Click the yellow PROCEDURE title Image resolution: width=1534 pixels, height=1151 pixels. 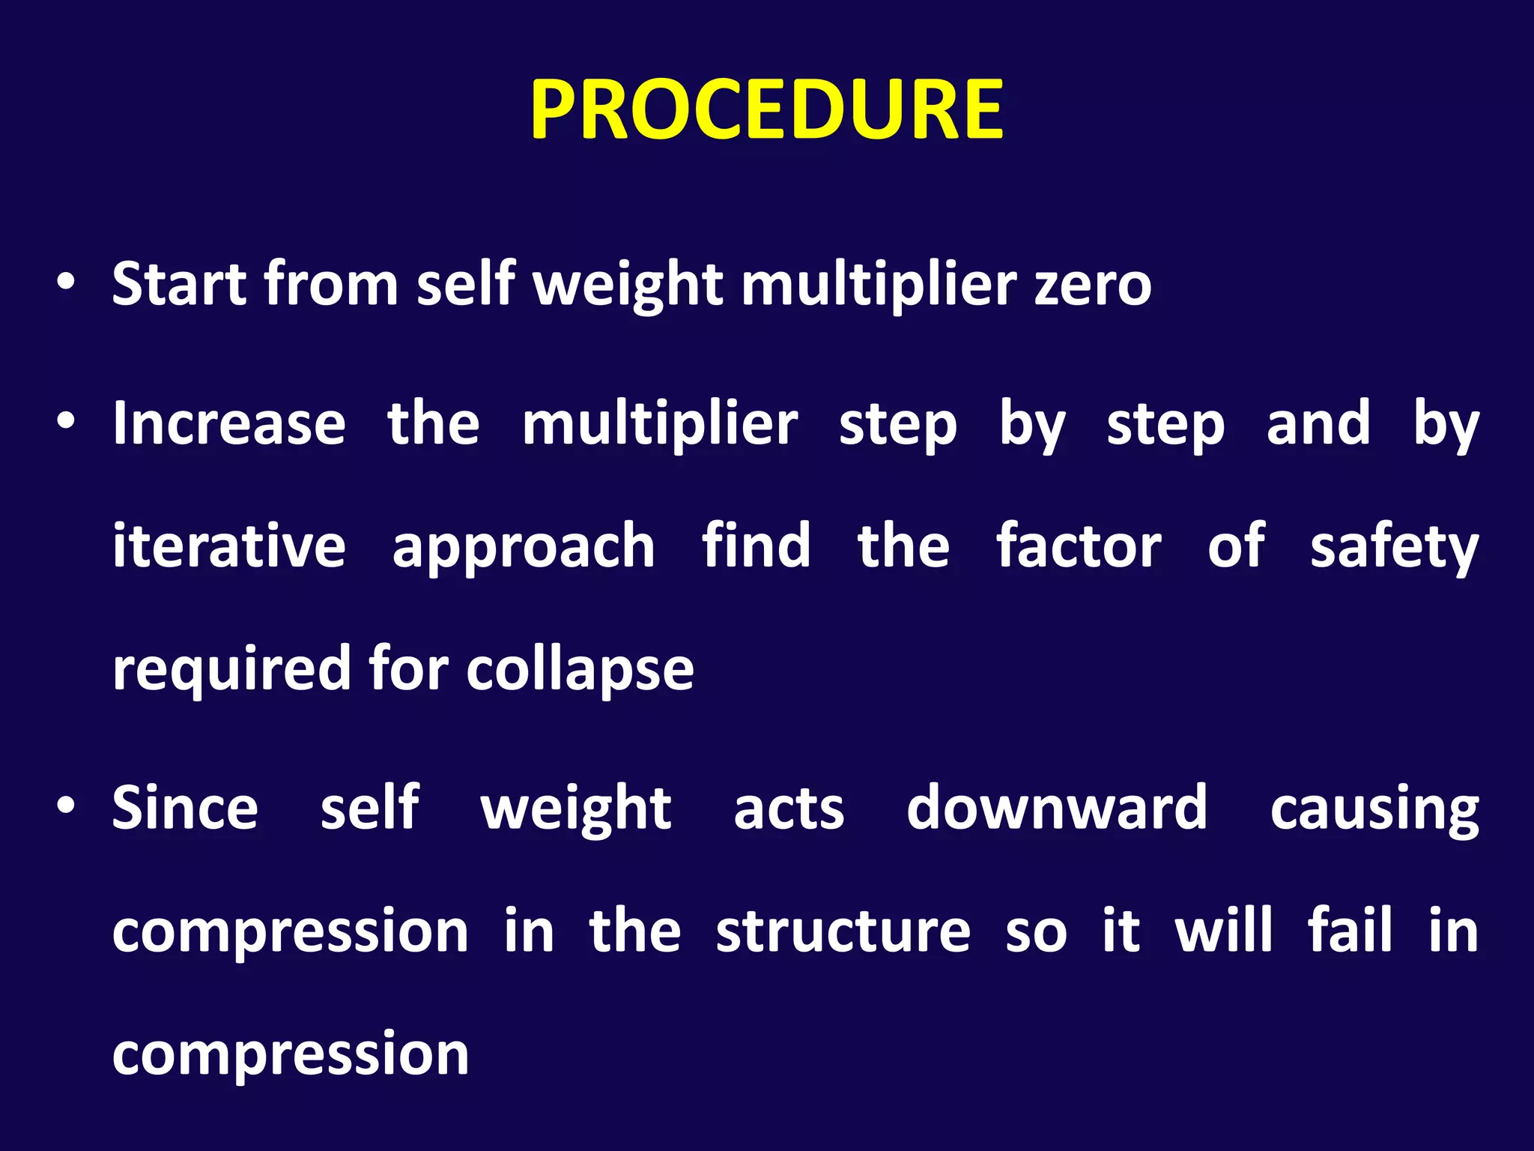click(766, 111)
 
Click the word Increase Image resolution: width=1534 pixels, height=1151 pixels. click(229, 423)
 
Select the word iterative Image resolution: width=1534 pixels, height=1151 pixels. click(229, 546)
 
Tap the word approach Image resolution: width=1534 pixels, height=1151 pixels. click(524, 549)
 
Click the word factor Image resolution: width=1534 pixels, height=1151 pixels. click(1079, 546)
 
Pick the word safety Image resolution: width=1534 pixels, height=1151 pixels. click(1394, 549)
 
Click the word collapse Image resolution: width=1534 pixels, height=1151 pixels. click(580, 669)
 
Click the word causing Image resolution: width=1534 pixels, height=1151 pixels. click(1374, 811)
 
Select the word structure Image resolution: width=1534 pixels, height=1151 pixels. click(843, 931)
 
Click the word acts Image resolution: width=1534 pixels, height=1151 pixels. click(789, 809)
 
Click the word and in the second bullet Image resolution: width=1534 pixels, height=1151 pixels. click(1318, 423)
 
